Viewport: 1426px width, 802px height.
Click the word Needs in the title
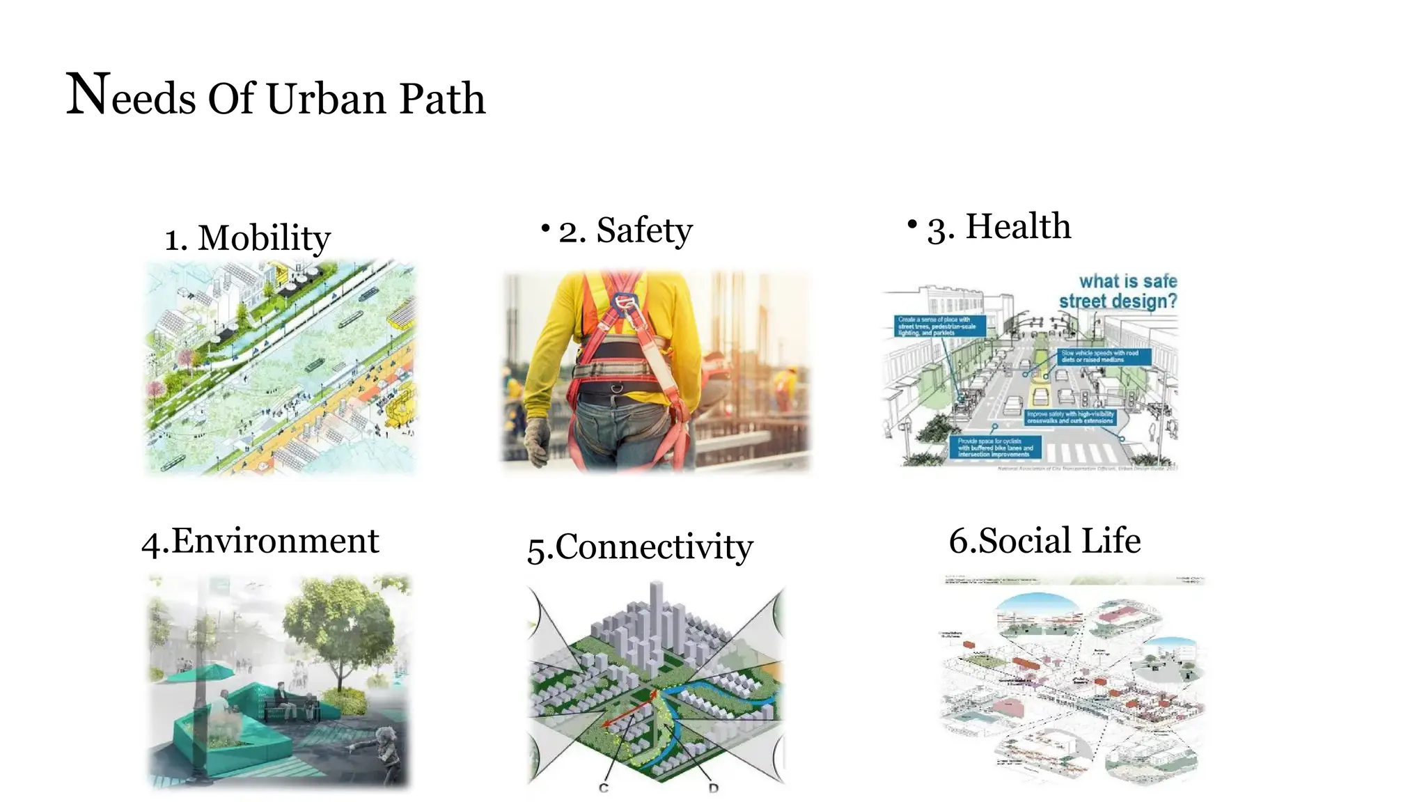coord(131,96)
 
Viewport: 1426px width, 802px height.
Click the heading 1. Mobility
coord(247,238)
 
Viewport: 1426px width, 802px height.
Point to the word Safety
coord(644,230)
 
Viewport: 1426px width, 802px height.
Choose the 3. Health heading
coord(998,227)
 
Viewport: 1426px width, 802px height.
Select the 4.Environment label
coord(260,542)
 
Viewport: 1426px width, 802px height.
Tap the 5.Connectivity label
coord(640,547)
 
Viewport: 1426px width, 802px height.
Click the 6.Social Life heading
coord(1044,541)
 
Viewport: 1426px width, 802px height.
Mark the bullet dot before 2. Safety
coord(546,228)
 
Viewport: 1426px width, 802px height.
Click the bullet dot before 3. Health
coord(912,223)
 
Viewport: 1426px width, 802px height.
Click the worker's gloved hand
coord(537,441)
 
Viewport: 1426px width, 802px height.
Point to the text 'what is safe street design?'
coord(1118,292)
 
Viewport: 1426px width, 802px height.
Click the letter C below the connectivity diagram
coord(604,787)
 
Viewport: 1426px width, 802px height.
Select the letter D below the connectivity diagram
coord(713,788)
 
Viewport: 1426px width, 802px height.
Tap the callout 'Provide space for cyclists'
coord(995,447)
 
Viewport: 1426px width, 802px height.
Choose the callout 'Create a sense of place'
coord(939,326)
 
